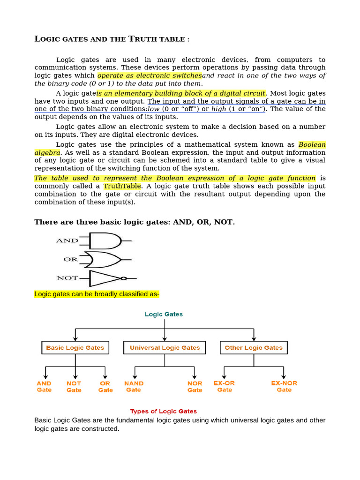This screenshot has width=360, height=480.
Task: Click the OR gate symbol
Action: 105,259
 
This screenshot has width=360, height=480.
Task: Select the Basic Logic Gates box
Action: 75,348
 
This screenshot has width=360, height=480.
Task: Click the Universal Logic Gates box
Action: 165,348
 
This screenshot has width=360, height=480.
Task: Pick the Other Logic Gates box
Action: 254,348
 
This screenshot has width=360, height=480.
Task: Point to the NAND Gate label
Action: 134,386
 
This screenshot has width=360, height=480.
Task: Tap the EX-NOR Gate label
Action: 284,386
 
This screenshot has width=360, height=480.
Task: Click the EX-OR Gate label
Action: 224,386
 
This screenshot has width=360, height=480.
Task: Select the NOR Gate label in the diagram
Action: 195,387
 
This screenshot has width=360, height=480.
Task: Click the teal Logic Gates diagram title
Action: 164,315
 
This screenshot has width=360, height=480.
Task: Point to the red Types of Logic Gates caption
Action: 164,411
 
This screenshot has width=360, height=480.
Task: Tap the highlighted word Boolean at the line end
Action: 312,145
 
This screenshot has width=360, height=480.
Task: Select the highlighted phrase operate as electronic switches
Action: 150,76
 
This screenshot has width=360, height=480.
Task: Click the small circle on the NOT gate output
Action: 124,278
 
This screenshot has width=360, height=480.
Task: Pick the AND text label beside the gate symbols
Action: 67,240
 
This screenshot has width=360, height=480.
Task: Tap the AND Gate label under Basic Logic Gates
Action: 44,386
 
